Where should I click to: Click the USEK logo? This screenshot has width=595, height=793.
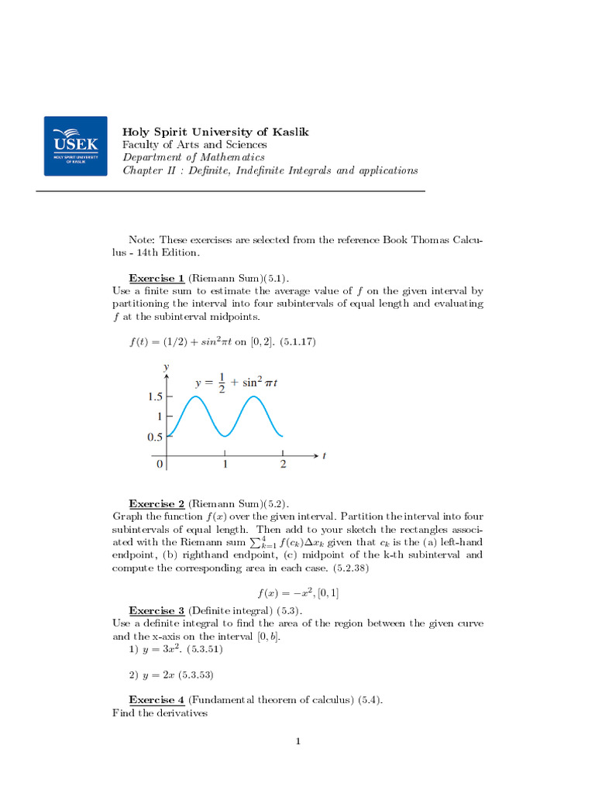tap(75, 146)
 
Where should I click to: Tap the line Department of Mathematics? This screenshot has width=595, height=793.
tap(193, 157)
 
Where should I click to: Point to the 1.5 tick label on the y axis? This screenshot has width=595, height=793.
tap(155, 396)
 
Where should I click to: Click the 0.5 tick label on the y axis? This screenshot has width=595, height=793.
tap(155, 437)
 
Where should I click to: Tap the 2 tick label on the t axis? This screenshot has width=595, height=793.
tap(283, 465)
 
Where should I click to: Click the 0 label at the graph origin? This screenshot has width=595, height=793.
tap(160, 465)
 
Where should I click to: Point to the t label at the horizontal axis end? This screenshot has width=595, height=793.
tap(324, 456)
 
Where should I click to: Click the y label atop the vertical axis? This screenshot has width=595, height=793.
tap(167, 365)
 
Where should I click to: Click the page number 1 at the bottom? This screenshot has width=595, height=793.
tap(297, 742)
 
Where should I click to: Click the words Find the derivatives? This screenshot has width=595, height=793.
tap(160, 713)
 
